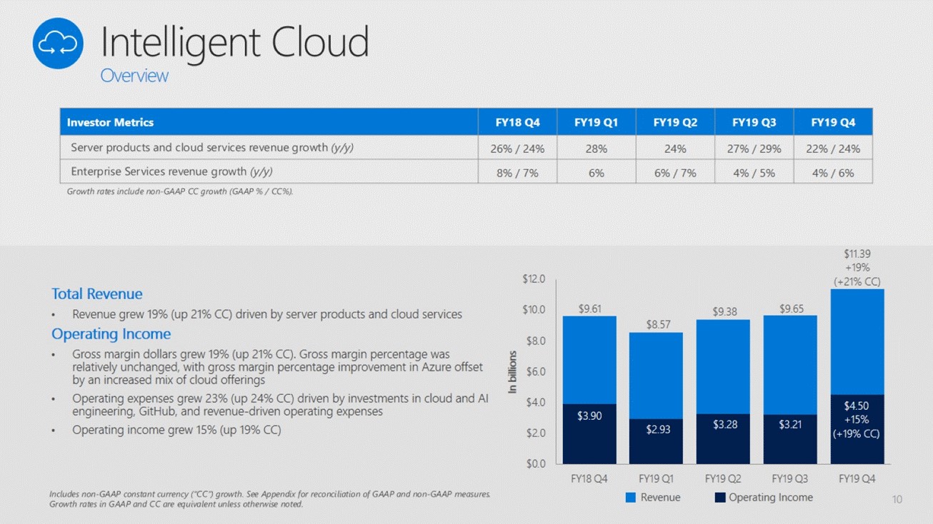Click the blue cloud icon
pyautogui.click(x=58, y=44)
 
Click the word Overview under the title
pyautogui.click(x=134, y=76)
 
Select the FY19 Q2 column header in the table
pyautogui.click(x=675, y=122)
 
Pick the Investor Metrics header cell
pyautogui.click(x=110, y=122)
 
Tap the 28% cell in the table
pyautogui.click(x=596, y=148)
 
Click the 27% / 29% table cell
pyautogui.click(x=754, y=148)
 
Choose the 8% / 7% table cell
pyautogui.click(x=517, y=172)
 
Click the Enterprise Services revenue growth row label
pyautogui.click(x=171, y=172)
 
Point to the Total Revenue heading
pyautogui.click(x=97, y=293)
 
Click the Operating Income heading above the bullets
pyautogui.click(x=111, y=333)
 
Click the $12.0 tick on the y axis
pyautogui.click(x=533, y=279)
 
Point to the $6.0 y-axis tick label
pyautogui.click(x=534, y=371)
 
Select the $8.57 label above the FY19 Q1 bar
pyautogui.click(x=659, y=325)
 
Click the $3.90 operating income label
pyautogui.click(x=589, y=415)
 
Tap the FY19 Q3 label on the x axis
pyautogui.click(x=789, y=478)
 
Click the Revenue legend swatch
pyautogui.click(x=631, y=497)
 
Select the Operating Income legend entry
pyautogui.click(x=764, y=497)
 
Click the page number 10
pyautogui.click(x=897, y=499)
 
